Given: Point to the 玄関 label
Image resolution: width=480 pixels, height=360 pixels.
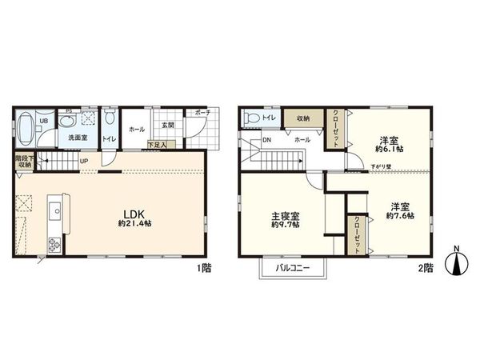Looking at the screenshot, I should click(166, 126).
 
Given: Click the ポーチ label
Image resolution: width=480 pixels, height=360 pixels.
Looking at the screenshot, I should click(202, 113).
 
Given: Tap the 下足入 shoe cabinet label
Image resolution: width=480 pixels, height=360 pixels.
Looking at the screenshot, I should click(158, 145).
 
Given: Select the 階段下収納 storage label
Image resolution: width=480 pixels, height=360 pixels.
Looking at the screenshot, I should click(25, 162).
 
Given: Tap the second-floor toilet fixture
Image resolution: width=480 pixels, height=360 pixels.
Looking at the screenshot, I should click(253, 118).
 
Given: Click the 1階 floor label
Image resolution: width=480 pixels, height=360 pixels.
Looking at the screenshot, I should click(204, 268).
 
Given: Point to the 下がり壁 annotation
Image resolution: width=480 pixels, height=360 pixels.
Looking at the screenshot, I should click(382, 167).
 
